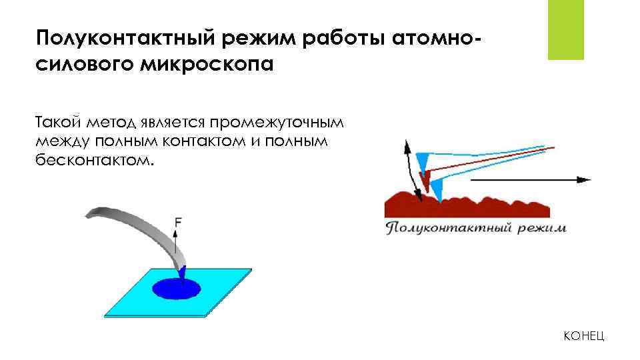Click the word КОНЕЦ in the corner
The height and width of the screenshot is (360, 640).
[584, 336]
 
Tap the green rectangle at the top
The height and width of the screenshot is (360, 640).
[565, 29]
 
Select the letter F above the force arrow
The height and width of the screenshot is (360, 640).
[177, 221]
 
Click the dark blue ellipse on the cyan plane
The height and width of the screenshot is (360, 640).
[176, 289]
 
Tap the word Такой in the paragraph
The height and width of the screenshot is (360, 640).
[59, 123]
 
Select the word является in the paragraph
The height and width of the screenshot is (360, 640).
[173, 123]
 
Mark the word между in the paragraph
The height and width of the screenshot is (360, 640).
[63, 141]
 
